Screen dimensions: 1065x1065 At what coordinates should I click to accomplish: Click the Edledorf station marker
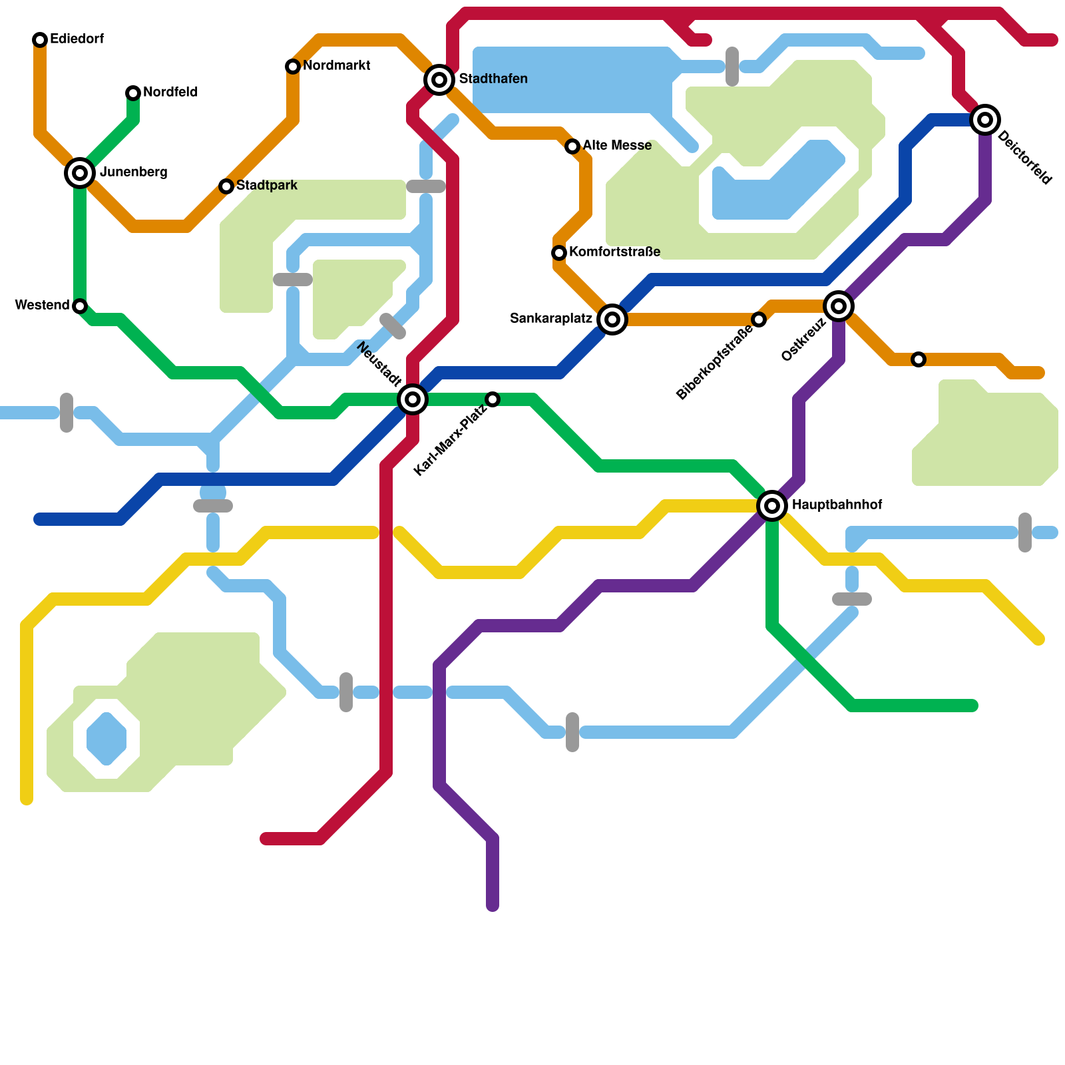(x=40, y=40)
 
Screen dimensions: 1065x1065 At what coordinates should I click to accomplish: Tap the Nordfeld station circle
(x=133, y=93)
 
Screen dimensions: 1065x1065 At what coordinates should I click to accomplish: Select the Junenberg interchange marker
(x=80, y=173)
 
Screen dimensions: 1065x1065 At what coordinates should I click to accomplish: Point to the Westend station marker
(x=80, y=306)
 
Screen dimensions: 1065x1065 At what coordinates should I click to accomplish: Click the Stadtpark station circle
(x=226, y=186)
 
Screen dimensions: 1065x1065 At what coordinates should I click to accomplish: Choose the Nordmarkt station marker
(x=293, y=67)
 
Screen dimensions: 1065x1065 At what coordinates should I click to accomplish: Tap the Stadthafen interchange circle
(x=439, y=80)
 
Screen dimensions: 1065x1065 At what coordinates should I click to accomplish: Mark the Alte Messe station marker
(x=572, y=146)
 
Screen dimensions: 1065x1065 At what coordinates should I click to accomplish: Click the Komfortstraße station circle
(x=559, y=253)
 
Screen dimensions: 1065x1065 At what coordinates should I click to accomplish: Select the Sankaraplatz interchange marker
(x=612, y=319)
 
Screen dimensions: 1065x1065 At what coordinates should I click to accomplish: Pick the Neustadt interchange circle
(x=413, y=399)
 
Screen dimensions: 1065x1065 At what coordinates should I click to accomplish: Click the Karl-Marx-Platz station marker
(x=493, y=399)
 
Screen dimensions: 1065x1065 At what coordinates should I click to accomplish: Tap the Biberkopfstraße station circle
(x=759, y=319)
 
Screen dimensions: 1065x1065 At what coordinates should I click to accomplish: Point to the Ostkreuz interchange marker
(x=839, y=306)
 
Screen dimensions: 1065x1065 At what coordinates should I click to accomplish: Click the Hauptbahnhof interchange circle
(x=772, y=506)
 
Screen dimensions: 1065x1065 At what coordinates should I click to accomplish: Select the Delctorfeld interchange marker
(x=985, y=120)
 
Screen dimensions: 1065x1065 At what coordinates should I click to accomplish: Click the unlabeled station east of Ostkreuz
(x=919, y=359)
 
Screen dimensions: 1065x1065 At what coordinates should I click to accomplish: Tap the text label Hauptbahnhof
(x=837, y=505)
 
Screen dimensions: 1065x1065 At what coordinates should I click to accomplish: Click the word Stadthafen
(x=493, y=79)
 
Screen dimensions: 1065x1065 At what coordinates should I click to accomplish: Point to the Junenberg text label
(x=133, y=172)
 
